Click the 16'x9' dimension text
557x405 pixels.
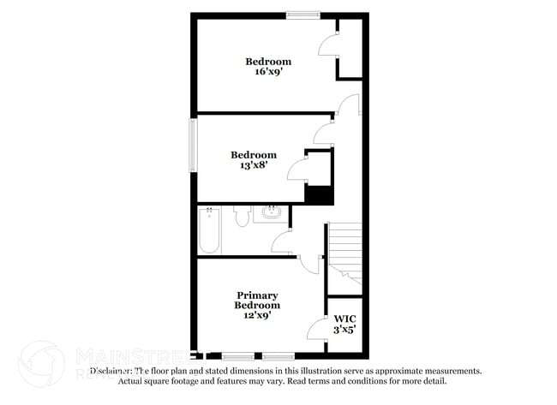pos(268,73)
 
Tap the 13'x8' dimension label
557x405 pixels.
pos(254,166)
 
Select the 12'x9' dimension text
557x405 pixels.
pos(258,315)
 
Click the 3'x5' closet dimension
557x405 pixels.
pos(344,328)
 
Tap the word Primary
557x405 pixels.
pos(258,295)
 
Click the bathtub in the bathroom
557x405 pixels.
pos(209,230)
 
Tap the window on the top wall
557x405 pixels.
pos(303,14)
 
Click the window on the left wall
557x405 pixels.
pos(193,146)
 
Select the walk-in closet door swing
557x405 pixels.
pos(316,328)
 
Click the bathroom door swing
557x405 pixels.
pos(282,243)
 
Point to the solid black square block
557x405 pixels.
pos(319,194)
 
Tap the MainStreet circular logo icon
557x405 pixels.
pos(41,363)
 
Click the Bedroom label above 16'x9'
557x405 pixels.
pos(268,62)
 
